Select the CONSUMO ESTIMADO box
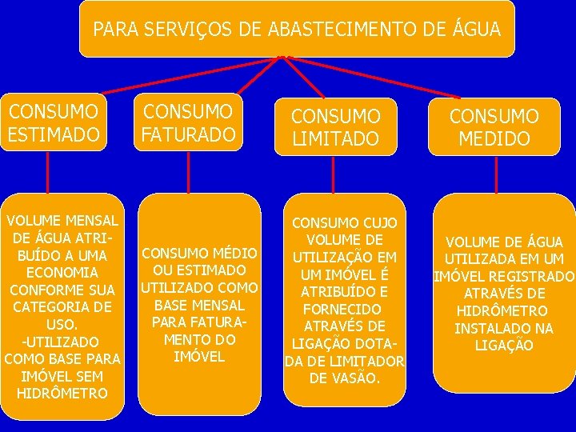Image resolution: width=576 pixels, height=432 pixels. tap(54, 122)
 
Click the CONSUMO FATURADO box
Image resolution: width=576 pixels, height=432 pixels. tap(188, 122)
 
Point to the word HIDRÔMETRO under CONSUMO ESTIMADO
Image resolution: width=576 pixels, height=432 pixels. tap(62, 394)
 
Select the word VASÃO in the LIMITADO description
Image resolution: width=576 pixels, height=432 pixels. tap(357, 378)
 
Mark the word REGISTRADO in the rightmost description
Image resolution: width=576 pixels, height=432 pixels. tap(535, 277)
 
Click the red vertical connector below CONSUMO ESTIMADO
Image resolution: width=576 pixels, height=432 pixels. tap(49, 172)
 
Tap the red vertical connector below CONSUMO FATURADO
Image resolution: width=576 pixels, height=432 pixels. tap(188, 172)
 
